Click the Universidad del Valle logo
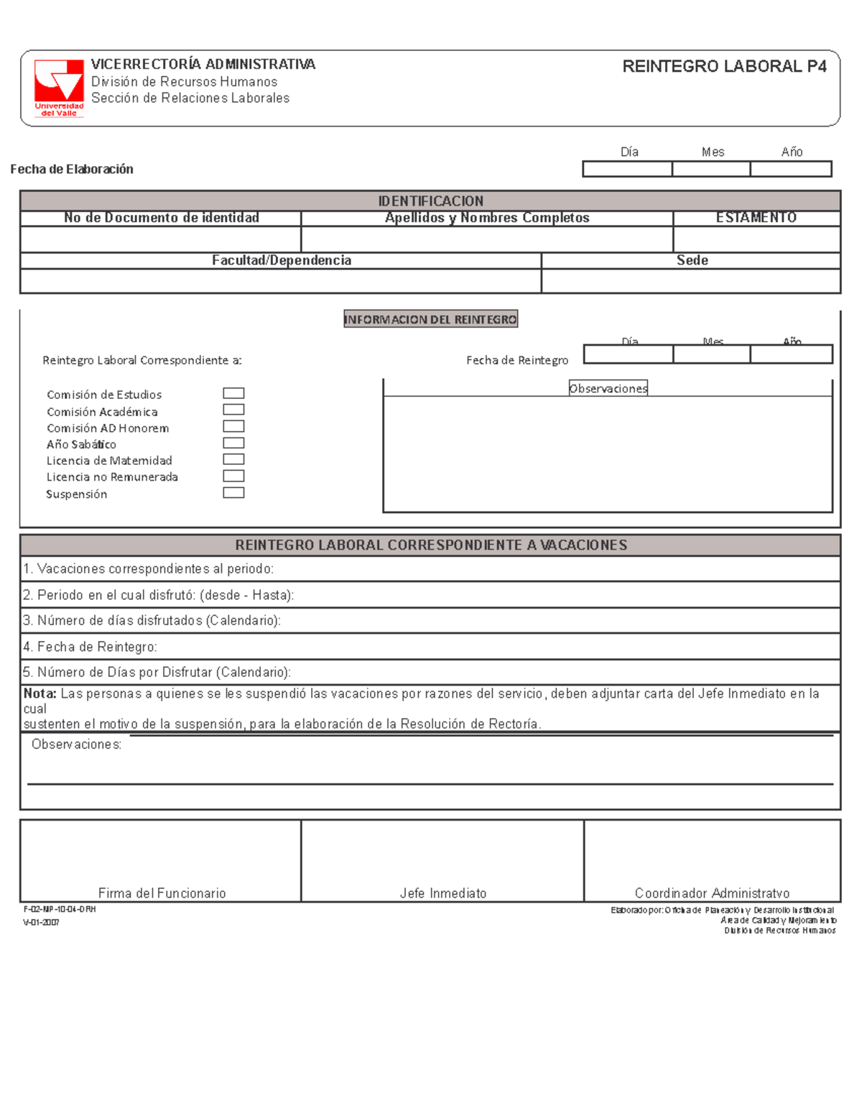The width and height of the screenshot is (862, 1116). point(59,88)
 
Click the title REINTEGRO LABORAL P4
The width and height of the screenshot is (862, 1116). point(724,67)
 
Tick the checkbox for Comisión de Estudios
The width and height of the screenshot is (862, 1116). point(233,393)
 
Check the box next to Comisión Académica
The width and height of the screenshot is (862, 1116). point(233,410)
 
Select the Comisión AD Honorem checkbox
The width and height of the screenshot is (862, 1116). point(233,426)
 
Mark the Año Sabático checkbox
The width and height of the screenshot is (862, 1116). point(233,443)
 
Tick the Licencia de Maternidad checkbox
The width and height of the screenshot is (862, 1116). point(233,459)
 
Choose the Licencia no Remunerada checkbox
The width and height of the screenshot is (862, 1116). point(233,476)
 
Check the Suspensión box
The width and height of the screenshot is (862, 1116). point(233,493)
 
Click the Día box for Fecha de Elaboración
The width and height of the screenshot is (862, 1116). point(627,169)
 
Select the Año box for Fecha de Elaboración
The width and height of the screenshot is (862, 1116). point(791,169)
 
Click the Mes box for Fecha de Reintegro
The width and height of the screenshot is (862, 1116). point(711,354)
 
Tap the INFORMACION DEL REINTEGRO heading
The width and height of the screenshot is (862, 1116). point(430,320)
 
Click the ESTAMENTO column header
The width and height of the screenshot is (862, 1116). point(756,218)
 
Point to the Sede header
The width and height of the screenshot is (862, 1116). point(692,260)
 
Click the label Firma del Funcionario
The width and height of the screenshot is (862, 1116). point(162,893)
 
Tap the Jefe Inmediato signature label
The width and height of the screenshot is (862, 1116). point(443,893)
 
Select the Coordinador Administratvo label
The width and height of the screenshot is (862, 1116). point(712,893)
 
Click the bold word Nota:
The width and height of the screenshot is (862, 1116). point(40,693)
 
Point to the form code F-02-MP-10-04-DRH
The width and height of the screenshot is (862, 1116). point(60,909)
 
